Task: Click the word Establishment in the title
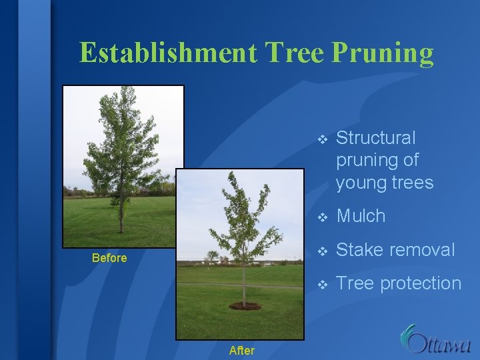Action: [x=167, y=53]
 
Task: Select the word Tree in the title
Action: [x=292, y=53]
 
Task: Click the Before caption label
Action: [x=109, y=258]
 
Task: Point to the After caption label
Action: [x=241, y=350]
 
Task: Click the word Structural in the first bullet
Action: [x=376, y=138]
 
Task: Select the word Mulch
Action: [x=361, y=216]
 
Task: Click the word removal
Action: [x=423, y=250]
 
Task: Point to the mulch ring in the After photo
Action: [x=245, y=305]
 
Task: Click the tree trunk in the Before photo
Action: [x=121, y=213]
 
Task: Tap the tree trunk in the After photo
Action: [x=243, y=283]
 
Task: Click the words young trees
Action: [x=385, y=183]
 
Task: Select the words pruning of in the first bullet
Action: [x=377, y=161]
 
